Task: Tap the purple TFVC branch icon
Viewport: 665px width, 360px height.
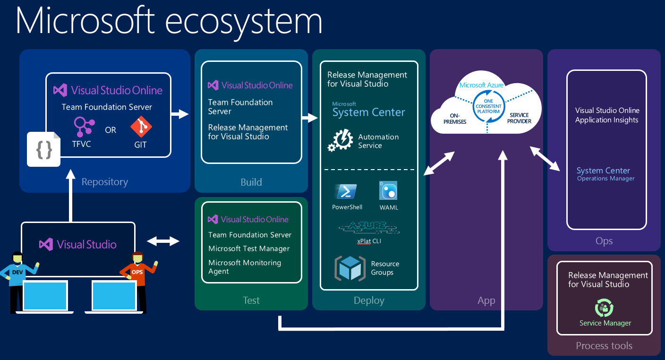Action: point(84,127)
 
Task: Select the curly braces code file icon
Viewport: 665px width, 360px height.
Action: point(44,149)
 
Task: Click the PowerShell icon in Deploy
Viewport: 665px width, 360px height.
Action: point(347,191)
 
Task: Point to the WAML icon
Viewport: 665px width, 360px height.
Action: point(388,191)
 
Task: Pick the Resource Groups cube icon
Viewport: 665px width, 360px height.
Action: point(350,268)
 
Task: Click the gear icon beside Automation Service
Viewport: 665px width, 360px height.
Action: point(341,141)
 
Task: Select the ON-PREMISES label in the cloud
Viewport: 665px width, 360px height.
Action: point(455,119)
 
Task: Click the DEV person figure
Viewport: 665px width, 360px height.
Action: point(18,279)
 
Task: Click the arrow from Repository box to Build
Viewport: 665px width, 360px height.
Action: point(180,114)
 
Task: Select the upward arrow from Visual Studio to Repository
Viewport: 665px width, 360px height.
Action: point(71,196)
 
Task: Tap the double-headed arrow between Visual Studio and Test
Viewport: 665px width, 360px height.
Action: point(163,241)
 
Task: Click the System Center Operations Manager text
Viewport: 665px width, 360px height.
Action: point(605,174)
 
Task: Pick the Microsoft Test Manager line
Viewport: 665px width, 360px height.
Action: point(249,249)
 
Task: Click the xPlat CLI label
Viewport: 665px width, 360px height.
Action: point(369,241)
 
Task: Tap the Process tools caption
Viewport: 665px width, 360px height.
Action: point(604,346)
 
